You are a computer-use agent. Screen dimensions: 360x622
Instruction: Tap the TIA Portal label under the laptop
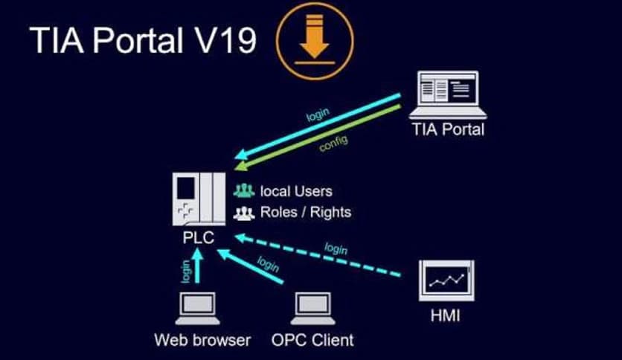tap(448, 129)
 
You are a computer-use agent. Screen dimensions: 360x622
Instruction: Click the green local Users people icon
tap(244, 191)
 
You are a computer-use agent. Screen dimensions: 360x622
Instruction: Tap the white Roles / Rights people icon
tap(244, 213)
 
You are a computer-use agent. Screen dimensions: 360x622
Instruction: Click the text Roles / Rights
tap(305, 212)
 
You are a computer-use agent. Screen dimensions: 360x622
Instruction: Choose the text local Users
tap(296, 191)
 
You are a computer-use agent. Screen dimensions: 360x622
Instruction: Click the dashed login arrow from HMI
tap(320, 257)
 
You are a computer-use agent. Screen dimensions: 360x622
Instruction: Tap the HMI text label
tap(446, 317)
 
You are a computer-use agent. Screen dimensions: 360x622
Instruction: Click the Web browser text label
tap(202, 341)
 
